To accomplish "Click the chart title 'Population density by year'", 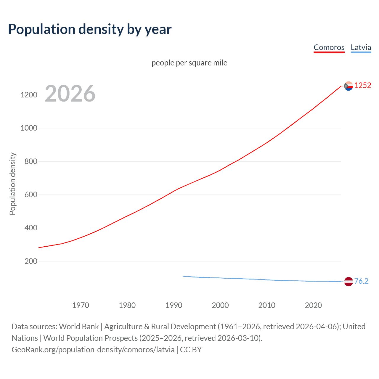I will click(x=90, y=29).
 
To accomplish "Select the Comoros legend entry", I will click(x=329, y=47).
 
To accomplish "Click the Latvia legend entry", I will click(x=361, y=47).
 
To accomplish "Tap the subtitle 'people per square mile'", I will click(x=189, y=63).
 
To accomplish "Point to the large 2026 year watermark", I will click(x=70, y=94).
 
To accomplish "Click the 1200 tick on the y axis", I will click(x=29, y=95).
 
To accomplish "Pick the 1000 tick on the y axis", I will click(x=29, y=128).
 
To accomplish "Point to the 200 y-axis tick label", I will click(x=31, y=261).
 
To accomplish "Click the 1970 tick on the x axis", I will click(x=81, y=305).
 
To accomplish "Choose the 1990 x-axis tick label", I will click(x=174, y=305).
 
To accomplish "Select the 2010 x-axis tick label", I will click(x=267, y=305).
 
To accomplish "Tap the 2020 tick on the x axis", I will click(x=313, y=305).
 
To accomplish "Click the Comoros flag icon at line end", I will click(x=349, y=86).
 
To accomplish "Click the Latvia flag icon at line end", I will click(x=349, y=282).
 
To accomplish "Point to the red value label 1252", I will click(x=363, y=86).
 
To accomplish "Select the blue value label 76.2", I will click(x=361, y=281).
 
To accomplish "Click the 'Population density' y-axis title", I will click(x=12, y=184).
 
